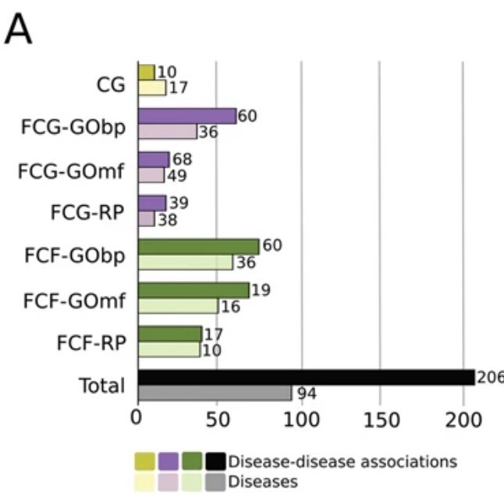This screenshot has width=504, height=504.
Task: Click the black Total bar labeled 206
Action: point(307,378)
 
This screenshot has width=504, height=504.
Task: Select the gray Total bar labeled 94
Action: point(215,392)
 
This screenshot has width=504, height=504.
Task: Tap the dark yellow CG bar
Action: point(147,73)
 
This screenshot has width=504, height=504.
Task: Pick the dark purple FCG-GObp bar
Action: point(187,116)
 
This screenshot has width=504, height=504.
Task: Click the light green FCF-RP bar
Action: point(169,350)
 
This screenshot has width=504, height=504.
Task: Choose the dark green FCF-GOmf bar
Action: point(193,290)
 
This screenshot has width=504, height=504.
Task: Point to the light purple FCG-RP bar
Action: point(147,218)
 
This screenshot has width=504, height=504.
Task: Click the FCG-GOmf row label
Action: point(71,171)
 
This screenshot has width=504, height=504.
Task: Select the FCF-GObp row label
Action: point(75,256)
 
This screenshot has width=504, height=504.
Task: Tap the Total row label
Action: point(102,385)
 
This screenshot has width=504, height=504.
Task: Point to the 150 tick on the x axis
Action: point(382,420)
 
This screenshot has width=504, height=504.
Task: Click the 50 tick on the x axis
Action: point(218,420)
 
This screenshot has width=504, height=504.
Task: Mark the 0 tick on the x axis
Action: point(136,418)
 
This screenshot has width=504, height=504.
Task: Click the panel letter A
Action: point(18,29)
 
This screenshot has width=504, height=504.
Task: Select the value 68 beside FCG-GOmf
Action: point(183,159)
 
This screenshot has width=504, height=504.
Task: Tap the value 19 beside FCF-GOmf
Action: point(261,290)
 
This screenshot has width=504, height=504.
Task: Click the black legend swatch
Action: point(215,461)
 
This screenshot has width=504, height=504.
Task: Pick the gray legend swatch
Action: point(215,482)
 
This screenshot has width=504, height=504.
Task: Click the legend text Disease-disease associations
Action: point(343,462)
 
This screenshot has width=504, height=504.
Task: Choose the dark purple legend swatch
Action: point(168,461)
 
